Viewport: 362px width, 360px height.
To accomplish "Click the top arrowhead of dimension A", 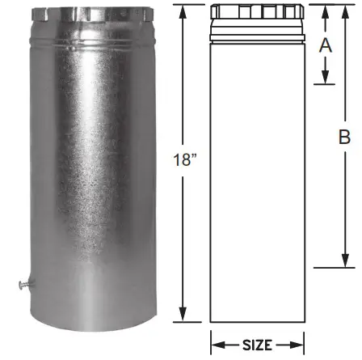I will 326,11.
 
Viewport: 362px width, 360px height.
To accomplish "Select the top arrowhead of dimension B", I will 344,11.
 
